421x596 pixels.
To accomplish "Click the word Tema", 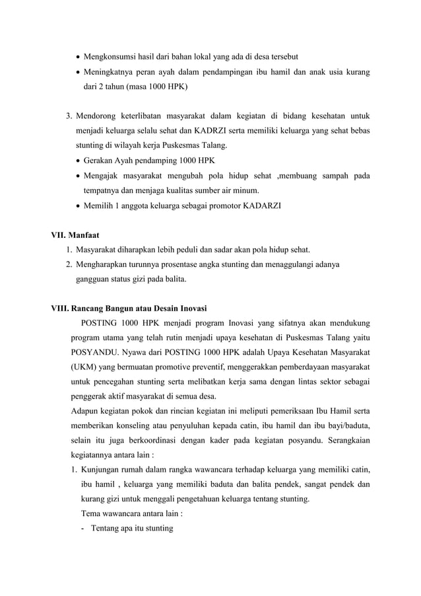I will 90,513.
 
